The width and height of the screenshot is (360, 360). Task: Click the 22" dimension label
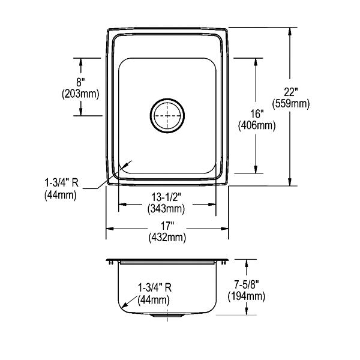point(290,92)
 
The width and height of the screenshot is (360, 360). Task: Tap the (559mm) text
point(290,104)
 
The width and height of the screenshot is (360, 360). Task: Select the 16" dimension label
point(257,114)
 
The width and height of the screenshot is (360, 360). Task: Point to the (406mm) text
point(257,125)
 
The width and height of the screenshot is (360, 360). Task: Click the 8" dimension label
point(80,82)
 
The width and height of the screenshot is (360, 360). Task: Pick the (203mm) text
point(80,94)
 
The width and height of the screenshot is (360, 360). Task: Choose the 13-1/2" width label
point(166,197)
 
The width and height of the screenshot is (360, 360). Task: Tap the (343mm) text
point(166,209)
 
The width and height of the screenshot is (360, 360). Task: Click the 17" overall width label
point(167,226)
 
